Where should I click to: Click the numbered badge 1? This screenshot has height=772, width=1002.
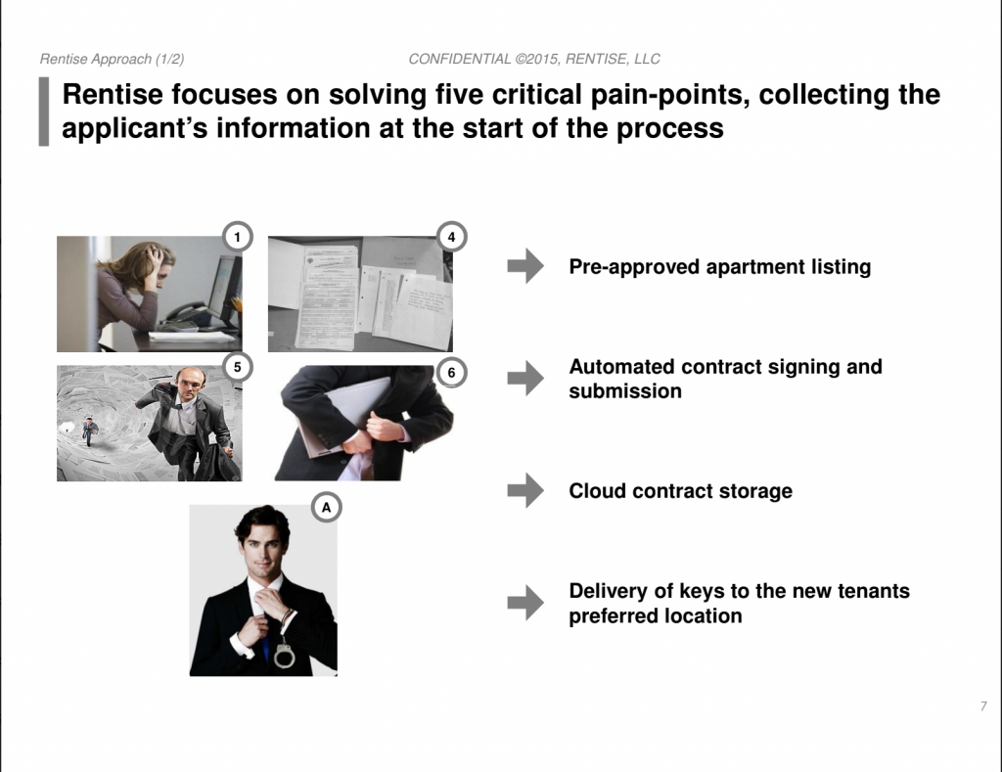coord(237,237)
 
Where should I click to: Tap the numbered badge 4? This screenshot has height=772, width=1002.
coord(451,237)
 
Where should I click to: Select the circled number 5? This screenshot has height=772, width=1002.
coord(237,367)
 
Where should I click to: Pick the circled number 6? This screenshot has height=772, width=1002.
coord(451,373)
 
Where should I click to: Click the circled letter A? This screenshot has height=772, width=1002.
coord(327,508)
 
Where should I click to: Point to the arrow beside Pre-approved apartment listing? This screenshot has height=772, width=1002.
coord(525,265)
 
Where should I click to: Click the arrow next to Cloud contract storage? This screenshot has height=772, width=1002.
coord(525,490)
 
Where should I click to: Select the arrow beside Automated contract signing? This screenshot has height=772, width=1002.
coord(525,378)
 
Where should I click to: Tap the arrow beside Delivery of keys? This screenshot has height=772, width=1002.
coord(525,603)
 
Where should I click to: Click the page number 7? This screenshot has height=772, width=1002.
coord(983,706)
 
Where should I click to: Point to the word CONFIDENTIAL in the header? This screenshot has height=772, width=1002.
coord(460,59)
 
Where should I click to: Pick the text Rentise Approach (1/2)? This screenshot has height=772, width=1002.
coord(112,60)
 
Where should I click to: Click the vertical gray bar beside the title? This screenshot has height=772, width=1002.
coord(44,112)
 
